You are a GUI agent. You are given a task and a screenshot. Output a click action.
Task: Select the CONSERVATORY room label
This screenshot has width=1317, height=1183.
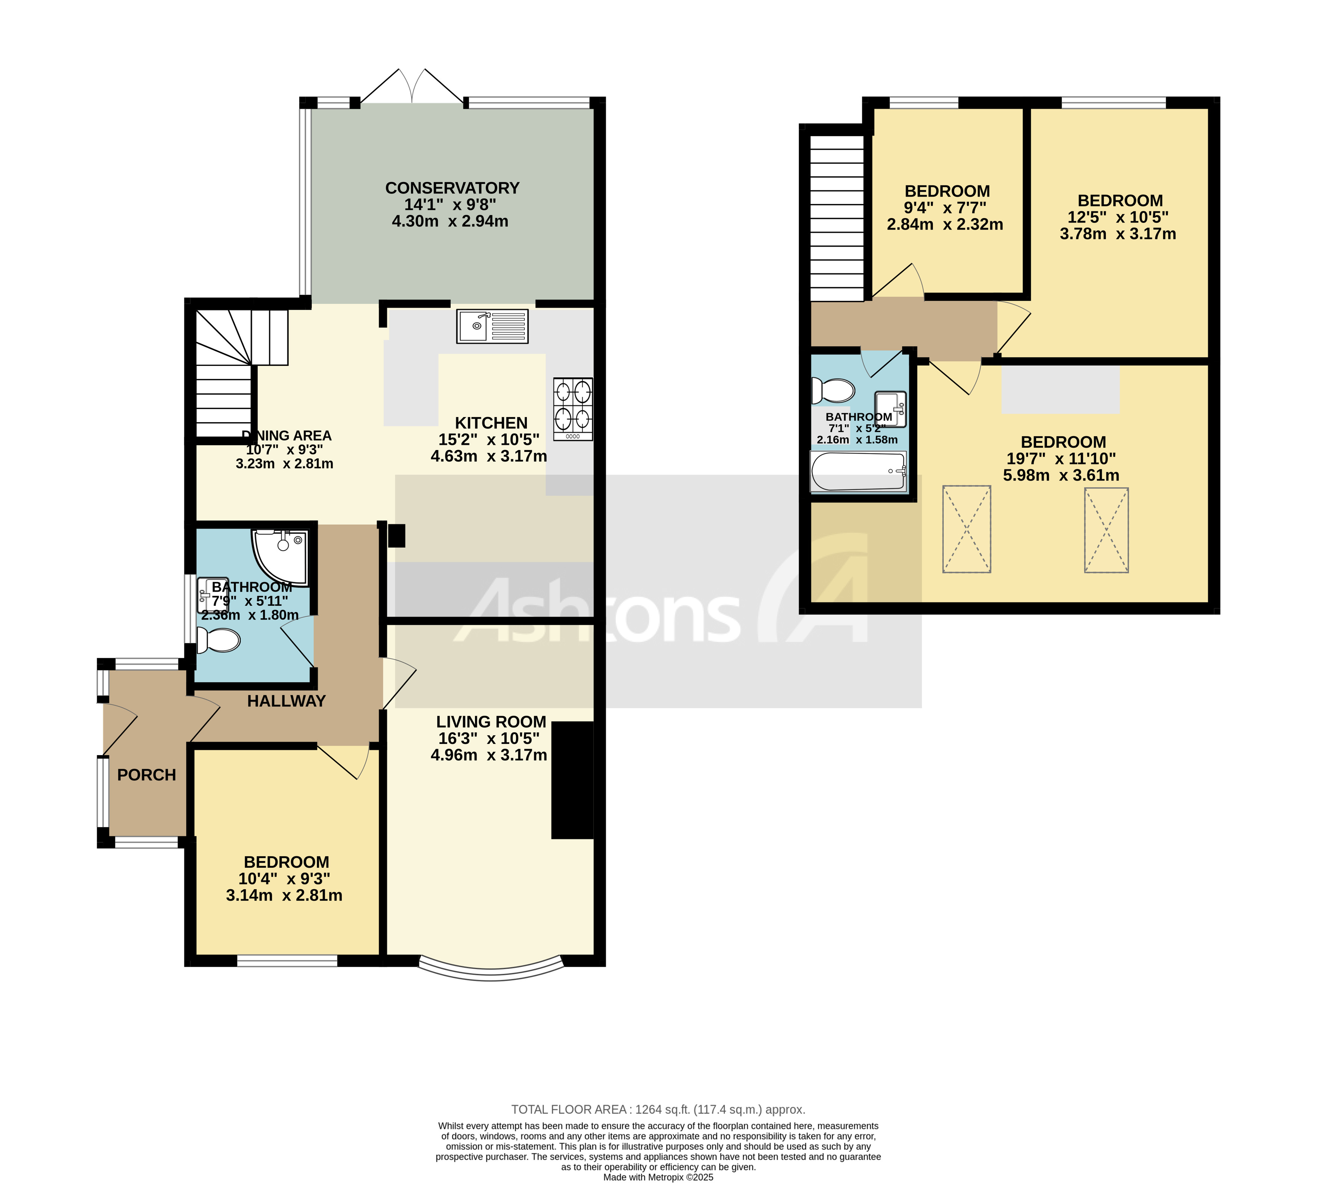coord(452,188)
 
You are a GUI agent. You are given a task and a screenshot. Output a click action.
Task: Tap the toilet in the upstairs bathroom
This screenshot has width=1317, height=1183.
coord(833,391)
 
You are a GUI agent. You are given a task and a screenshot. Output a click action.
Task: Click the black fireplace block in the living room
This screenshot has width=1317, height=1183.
coord(572,780)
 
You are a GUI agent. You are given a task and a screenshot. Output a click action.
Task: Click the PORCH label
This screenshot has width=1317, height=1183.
coord(146,775)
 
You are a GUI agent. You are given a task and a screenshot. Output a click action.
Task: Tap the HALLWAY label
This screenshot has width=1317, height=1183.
coord(286,701)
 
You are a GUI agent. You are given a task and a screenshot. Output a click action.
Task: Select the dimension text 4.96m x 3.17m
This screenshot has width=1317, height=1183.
coord(489,755)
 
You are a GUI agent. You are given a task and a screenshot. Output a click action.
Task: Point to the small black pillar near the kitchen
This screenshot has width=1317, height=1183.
coord(396,536)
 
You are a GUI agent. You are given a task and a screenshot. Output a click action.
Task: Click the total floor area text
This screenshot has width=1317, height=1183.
coord(658,1109)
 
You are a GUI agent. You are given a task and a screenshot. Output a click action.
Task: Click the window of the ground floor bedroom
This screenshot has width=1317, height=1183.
coord(287,960)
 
